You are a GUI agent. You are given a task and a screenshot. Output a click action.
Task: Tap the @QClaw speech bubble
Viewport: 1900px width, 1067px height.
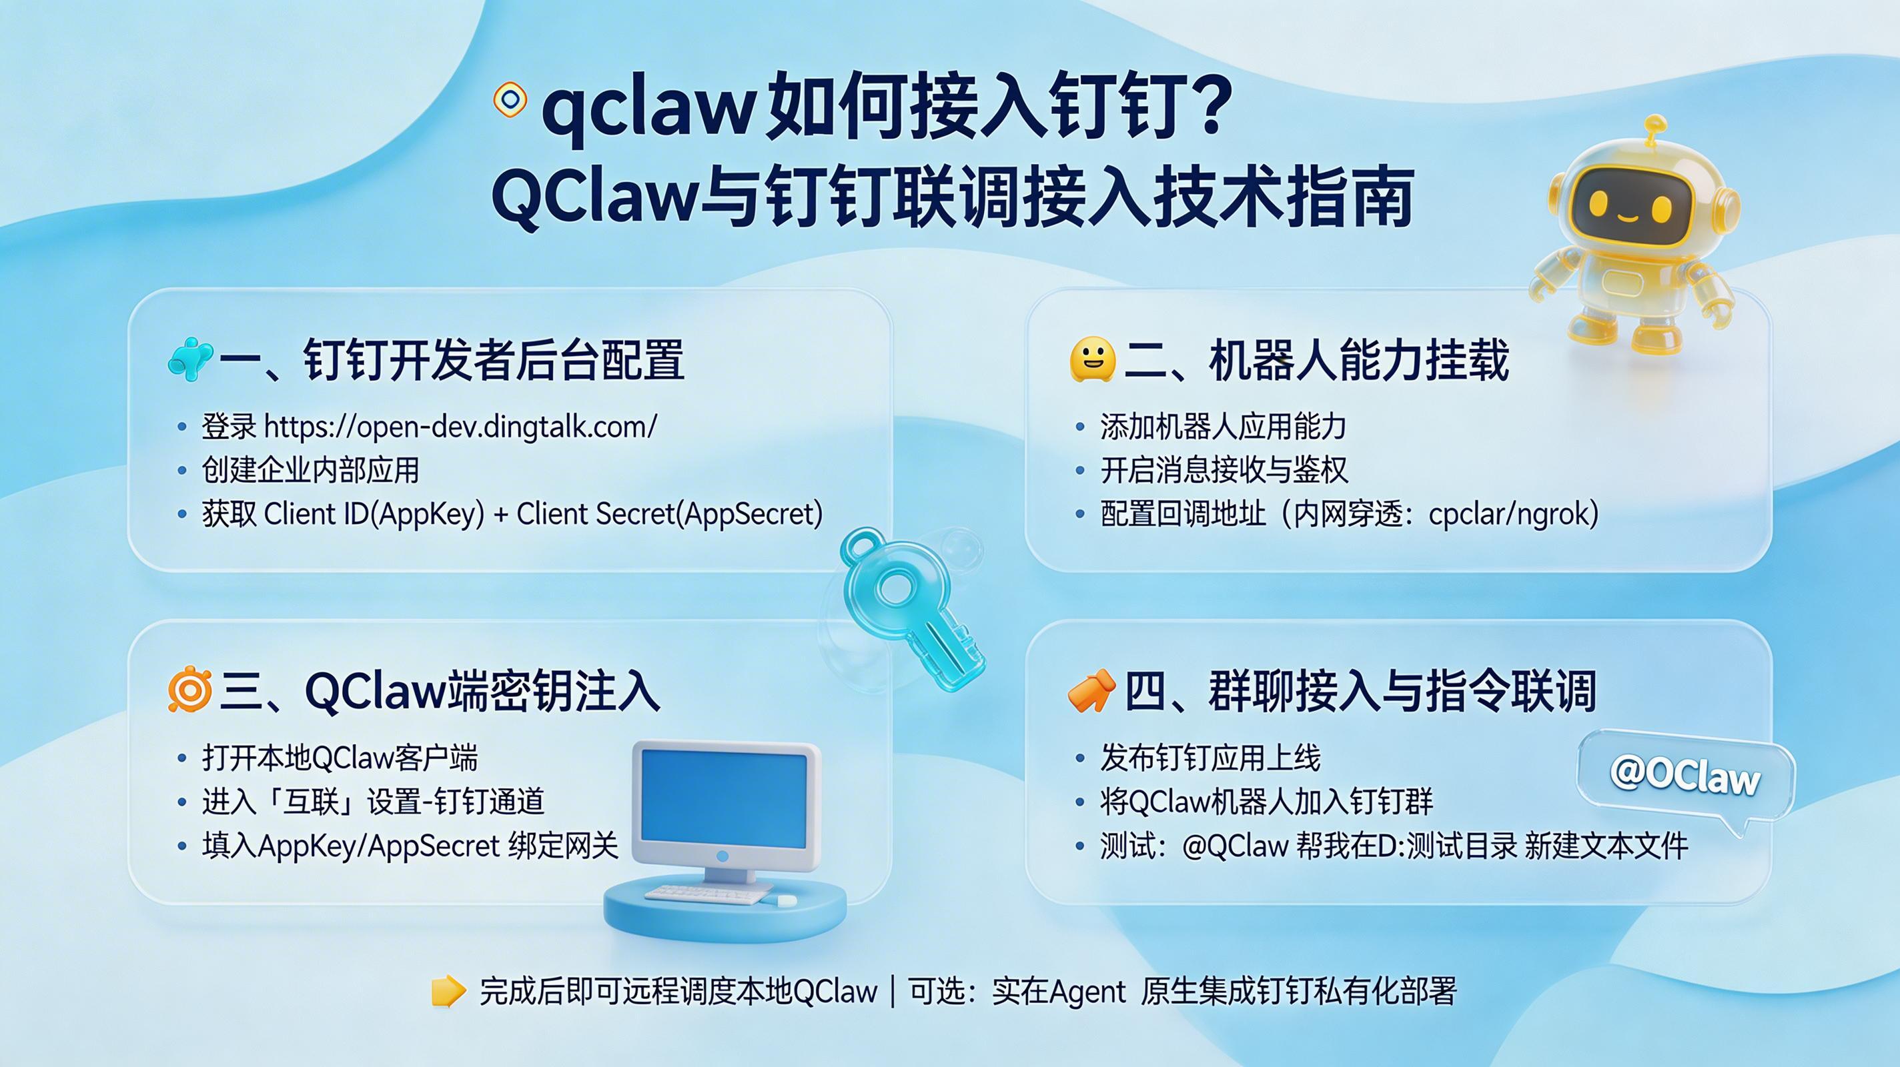(x=1685, y=777)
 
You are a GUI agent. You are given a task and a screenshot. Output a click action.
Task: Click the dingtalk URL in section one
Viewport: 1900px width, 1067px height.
(x=460, y=426)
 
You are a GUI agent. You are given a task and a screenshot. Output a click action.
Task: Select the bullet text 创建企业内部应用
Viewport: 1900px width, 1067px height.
(x=310, y=470)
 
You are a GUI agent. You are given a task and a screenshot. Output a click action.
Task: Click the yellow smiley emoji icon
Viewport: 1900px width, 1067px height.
(x=1091, y=360)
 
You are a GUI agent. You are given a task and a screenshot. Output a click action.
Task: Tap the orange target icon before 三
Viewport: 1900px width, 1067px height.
(x=189, y=692)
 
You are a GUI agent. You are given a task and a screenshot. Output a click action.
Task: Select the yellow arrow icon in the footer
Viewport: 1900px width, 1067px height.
(x=448, y=991)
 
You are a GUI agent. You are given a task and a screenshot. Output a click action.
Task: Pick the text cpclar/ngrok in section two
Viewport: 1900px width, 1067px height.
(x=1512, y=514)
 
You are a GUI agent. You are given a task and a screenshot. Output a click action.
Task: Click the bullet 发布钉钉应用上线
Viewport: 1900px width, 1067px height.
(x=1210, y=758)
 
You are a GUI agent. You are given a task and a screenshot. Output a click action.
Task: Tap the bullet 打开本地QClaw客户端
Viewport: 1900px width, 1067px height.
(x=340, y=758)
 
